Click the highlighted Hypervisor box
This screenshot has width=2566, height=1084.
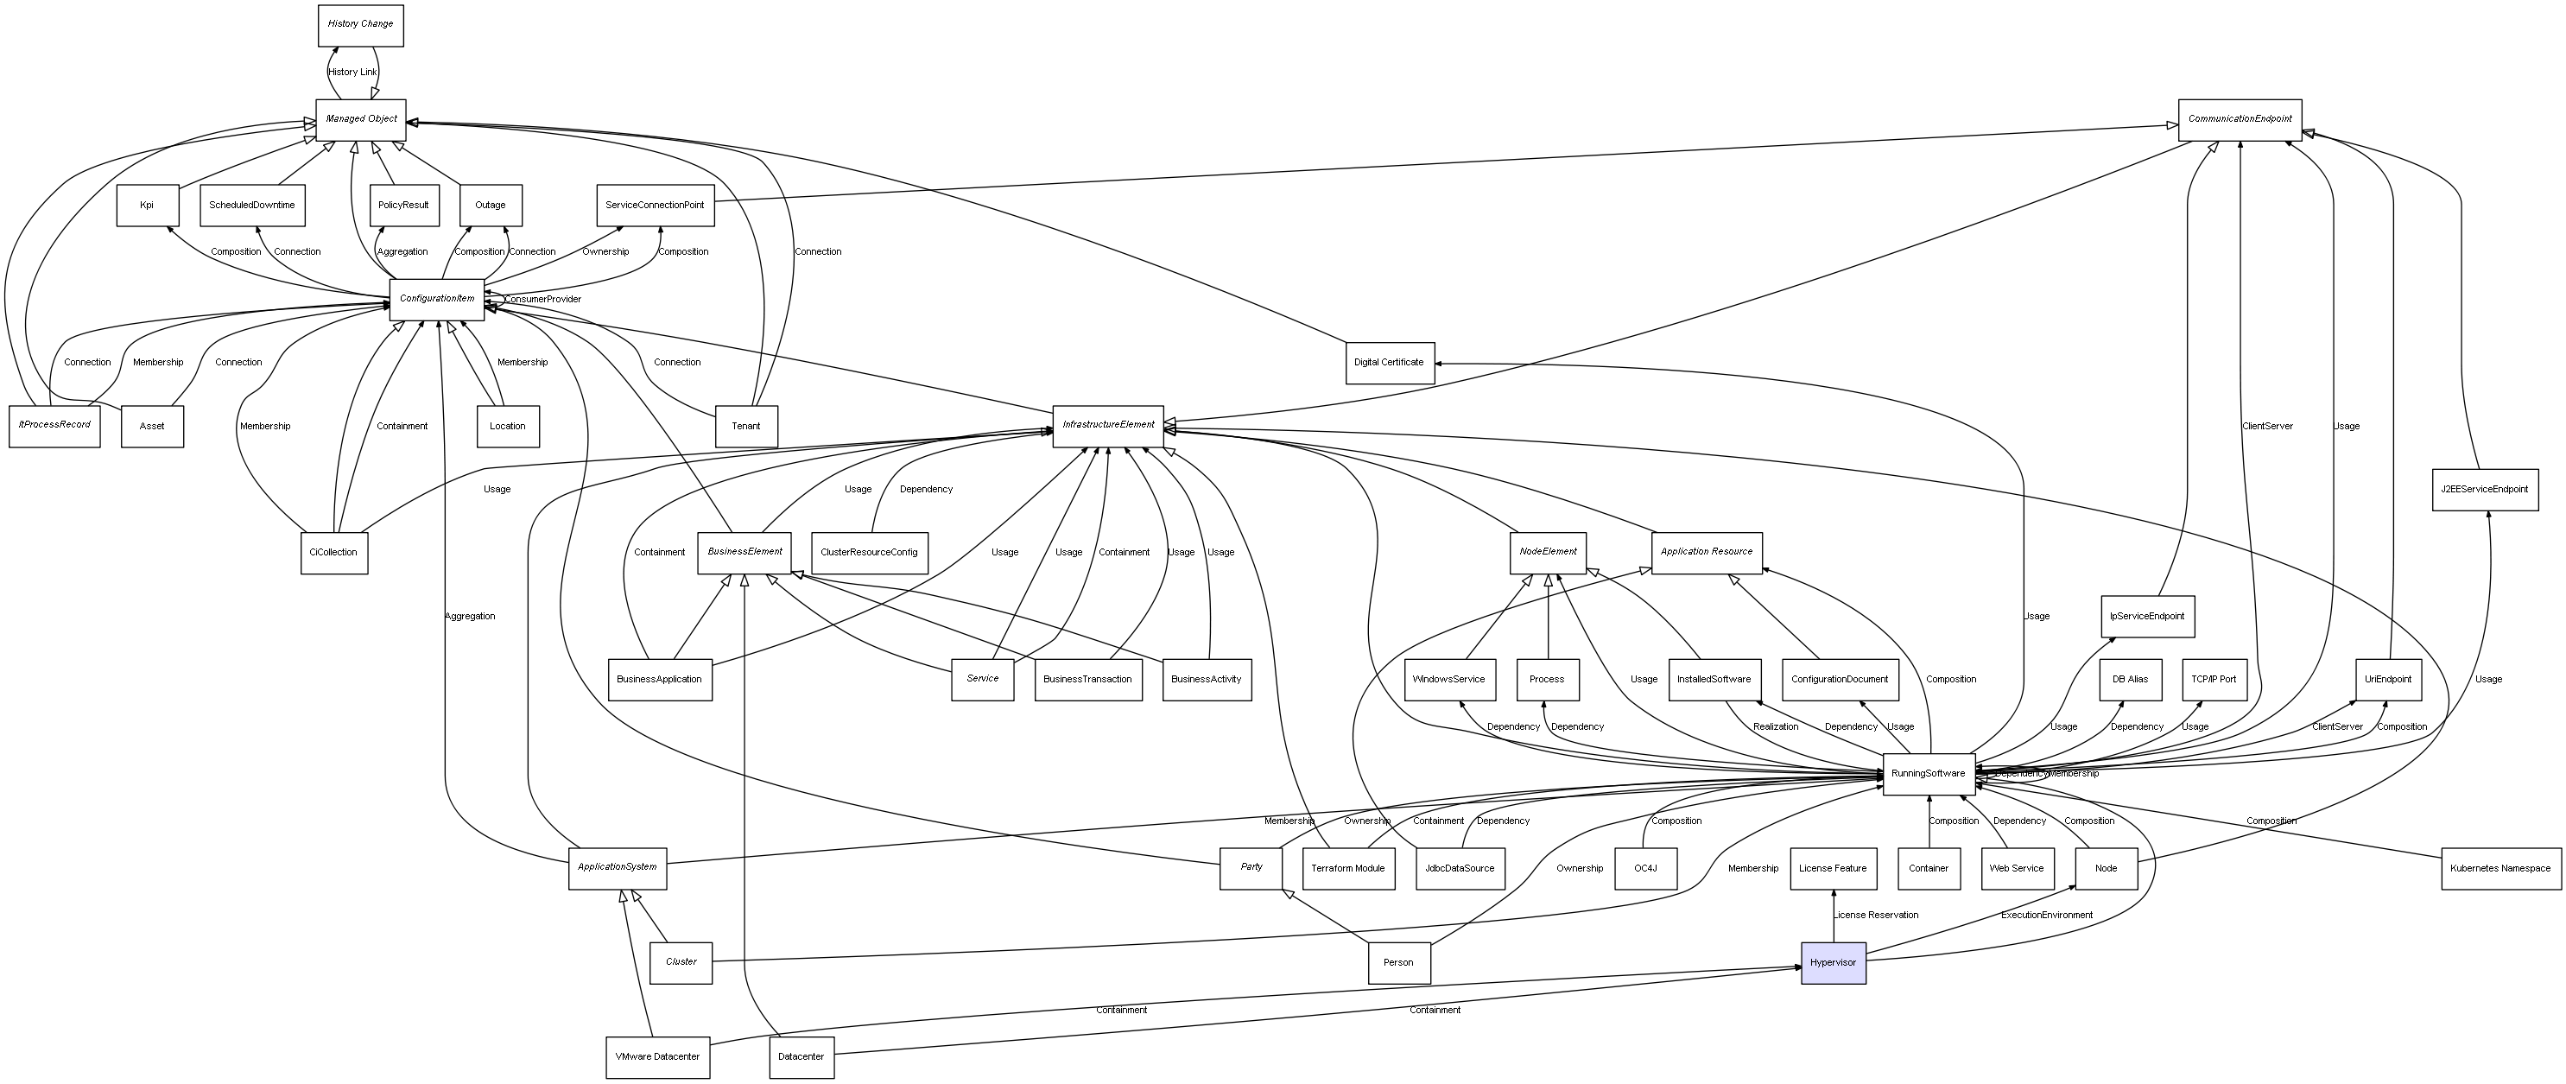tap(1833, 962)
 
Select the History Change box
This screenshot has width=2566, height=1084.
tap(361, 24)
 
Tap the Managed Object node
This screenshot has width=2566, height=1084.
tap(361, 119)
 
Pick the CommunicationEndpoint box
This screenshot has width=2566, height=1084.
tap(2240, 119)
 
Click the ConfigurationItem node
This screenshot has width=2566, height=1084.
tap(436, 299)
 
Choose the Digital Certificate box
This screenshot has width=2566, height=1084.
tap(1389, 363)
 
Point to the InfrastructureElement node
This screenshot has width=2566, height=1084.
tap(1108, 426)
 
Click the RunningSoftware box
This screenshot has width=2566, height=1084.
tap(1929, 774)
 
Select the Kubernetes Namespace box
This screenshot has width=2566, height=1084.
tap(2500, 869)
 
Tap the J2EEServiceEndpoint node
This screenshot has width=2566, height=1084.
tap(2484, 489)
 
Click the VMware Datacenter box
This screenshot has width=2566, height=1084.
tap(657, 1057)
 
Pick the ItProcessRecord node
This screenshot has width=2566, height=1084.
tap(54, 426)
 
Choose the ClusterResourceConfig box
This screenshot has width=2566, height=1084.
tap(870, 552)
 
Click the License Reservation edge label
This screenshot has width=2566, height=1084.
tap(1877, 915)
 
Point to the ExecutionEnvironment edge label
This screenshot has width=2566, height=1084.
tap(2047, 915)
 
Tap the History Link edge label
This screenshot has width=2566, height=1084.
tap(352, 72)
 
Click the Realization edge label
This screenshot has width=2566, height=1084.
tap(1776, 726)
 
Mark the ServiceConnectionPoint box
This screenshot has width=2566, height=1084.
tap(655, 206)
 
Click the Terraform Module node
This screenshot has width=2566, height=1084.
tap(1347, 869)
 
